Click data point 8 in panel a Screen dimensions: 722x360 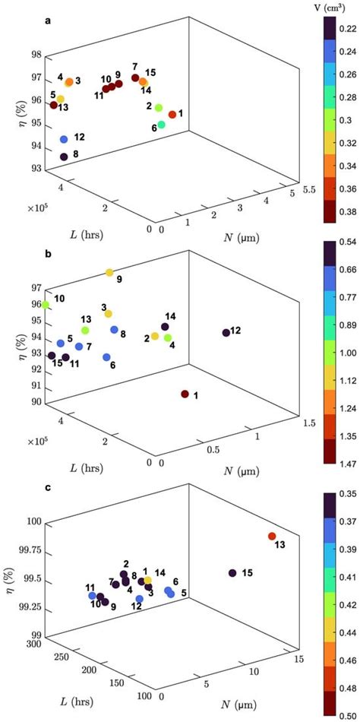(x=64, y=157)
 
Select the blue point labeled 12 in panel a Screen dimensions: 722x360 (x=64, y=139)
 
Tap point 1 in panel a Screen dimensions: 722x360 (x=172, y=114)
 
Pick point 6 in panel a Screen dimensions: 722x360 (x=161, y=124)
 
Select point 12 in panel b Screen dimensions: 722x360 (x=226, y=332)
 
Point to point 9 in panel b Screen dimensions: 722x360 (x=109, y=272)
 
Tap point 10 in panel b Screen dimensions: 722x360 (x=46, y=305)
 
